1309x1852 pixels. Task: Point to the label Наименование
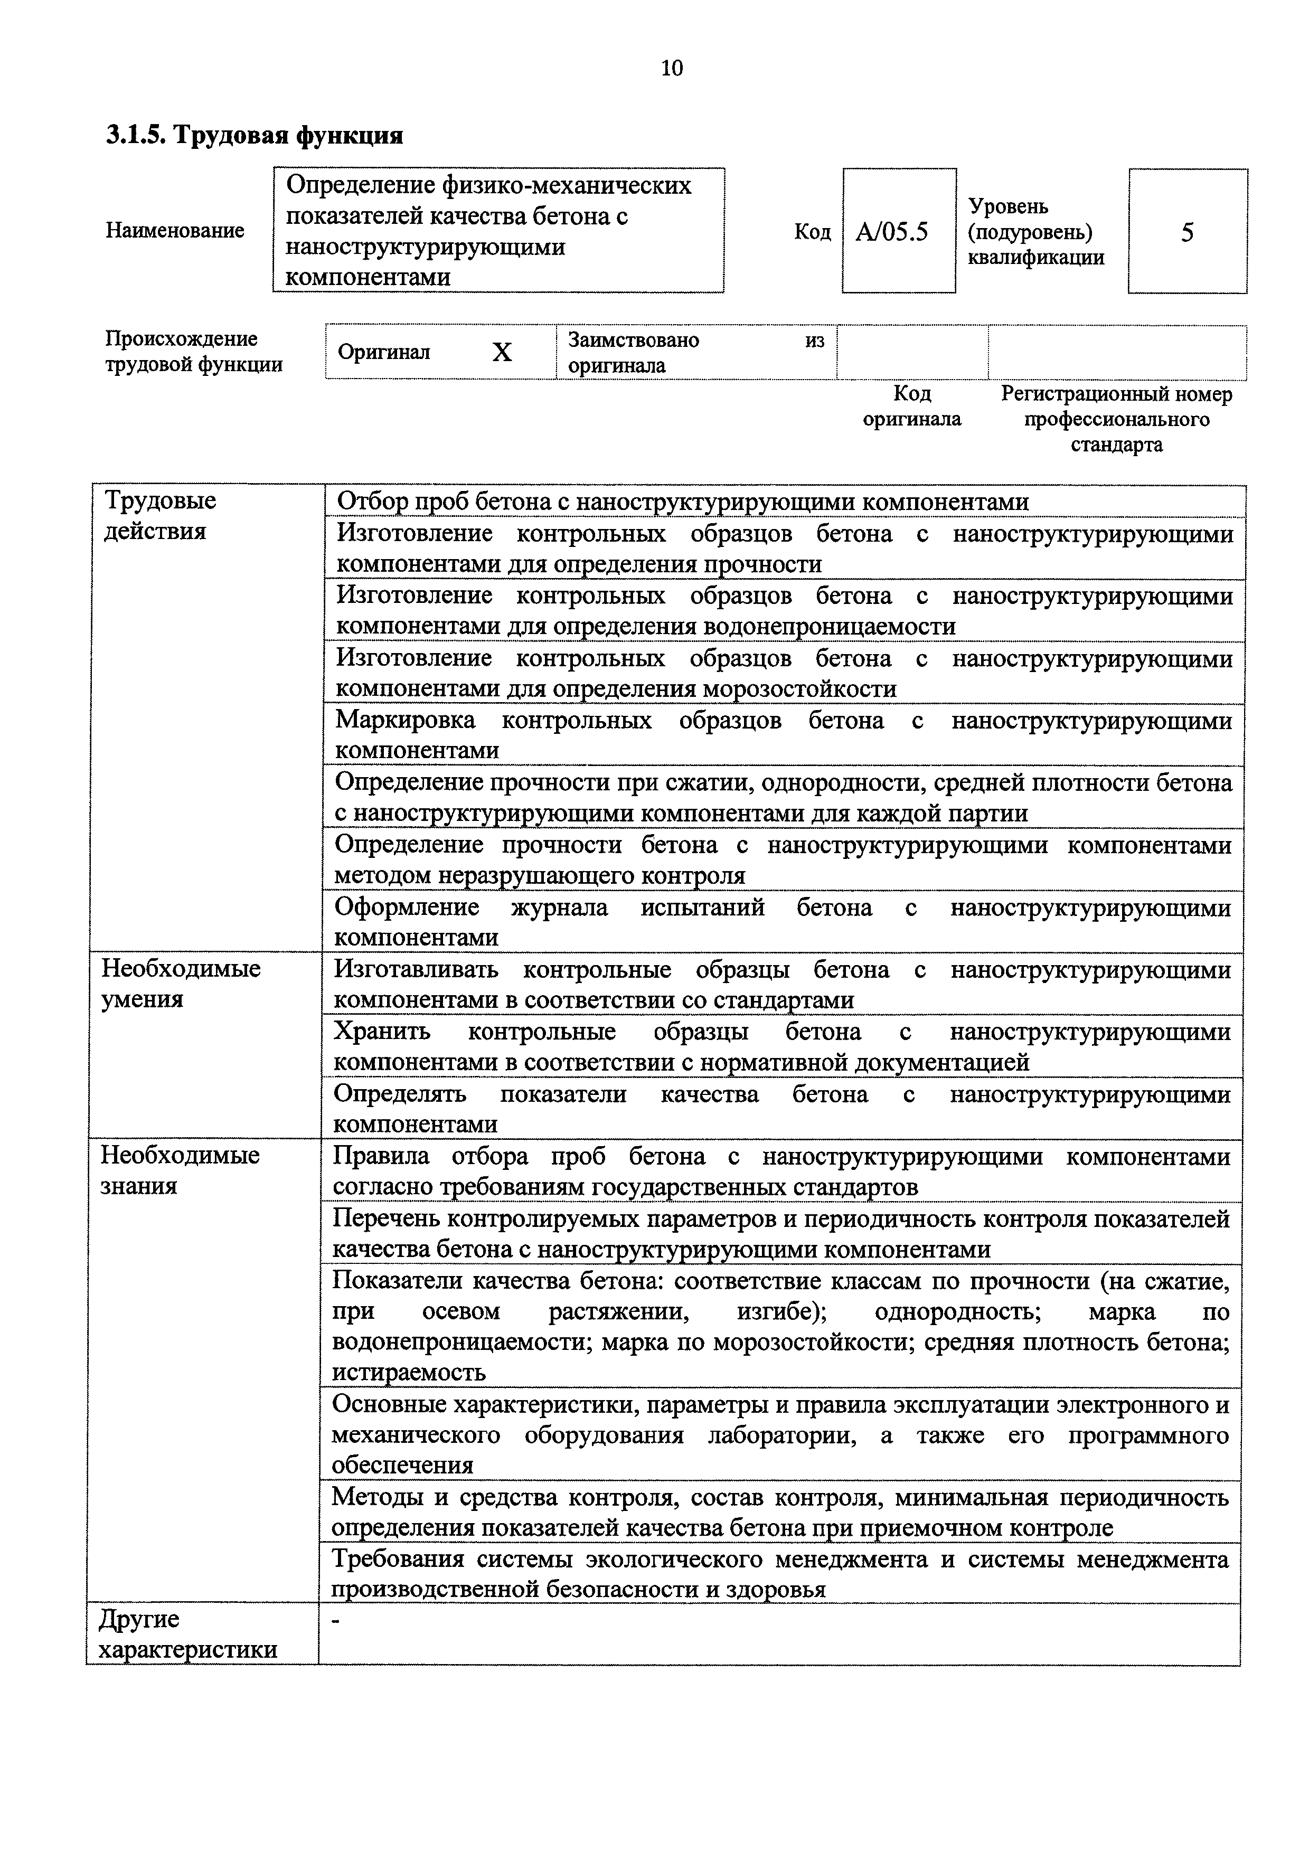174,231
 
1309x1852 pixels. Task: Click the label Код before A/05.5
812,232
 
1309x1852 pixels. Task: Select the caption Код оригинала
912,407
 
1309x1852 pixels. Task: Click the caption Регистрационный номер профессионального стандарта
1116,419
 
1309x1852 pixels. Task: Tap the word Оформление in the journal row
407,908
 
